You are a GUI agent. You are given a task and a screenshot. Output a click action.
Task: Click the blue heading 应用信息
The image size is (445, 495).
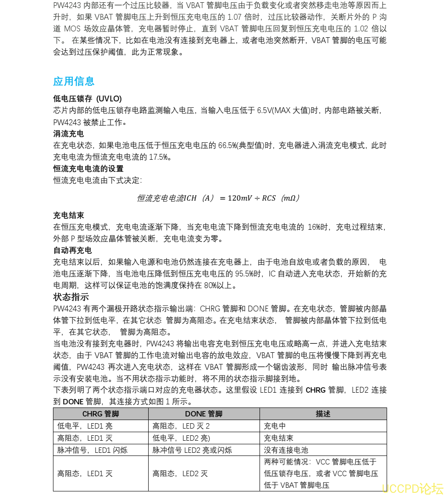pyautogui.click(x=74, y=81)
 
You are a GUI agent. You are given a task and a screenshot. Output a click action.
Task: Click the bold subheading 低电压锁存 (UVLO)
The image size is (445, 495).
pyautogui.click(x=87, y=99)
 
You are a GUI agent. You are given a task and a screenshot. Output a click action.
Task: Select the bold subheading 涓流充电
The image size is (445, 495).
pyautogui.click(x=68, y=134)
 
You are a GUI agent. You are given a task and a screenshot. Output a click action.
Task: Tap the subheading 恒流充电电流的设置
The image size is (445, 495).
pyautogui.click(x=88, y=169)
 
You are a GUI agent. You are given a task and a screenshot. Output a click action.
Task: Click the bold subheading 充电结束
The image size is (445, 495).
pyautogui.click(x=68, y=215)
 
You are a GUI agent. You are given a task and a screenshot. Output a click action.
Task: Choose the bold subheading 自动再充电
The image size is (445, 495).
pyautogui.click(x=72, y=250)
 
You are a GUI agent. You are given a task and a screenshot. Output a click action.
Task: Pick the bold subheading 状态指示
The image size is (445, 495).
pyautogui.click(x=70, y=297)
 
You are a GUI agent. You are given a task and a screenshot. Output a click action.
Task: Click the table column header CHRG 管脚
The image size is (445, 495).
pyautogui.click(x=101, y=414)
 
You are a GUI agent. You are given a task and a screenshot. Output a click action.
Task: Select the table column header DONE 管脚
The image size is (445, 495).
pyautogui.click(x=203, y=414)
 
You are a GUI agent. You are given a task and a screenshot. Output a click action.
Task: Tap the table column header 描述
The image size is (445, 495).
pyautogui.click(x=323, y=414)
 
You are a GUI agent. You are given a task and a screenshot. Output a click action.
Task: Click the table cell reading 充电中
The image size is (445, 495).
pyautogui.click(x=275, y=426)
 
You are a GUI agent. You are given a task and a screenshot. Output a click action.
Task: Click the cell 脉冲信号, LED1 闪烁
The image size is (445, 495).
pyautogui.click(x=93, y=450)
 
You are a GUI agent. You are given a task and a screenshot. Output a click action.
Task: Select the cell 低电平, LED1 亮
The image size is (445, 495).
pyautogui.click(x=85, y=426)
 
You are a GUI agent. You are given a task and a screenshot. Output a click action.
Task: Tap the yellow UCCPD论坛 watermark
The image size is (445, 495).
pyautogui.click(x=412, y=488)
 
